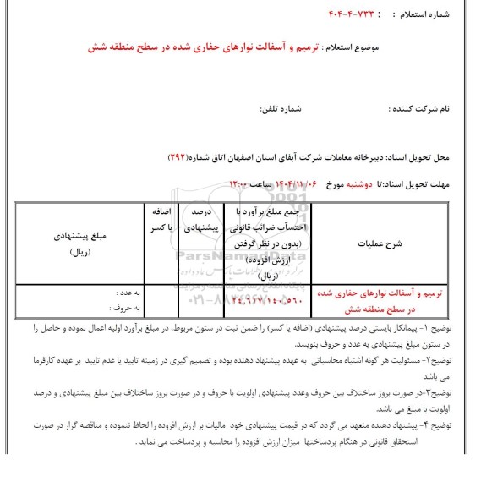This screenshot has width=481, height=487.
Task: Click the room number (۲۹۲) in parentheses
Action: point(179,158)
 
